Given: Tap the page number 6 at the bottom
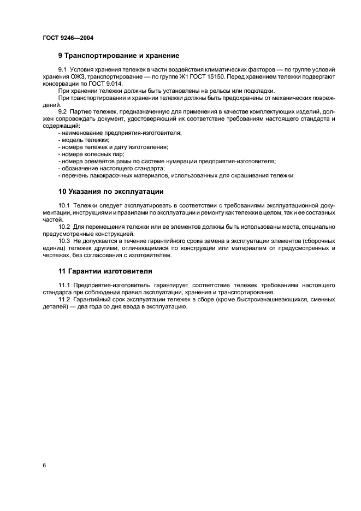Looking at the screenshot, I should [44, 465].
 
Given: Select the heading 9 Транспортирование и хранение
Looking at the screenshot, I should [119, 56].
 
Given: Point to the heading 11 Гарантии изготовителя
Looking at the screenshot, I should [105, 271].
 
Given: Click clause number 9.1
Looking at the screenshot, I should [64, 70].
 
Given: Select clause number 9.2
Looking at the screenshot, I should [64, 112].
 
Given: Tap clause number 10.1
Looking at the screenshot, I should [66, 205].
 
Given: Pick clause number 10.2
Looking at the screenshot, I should [66, 226].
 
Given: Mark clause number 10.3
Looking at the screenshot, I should [66, 240].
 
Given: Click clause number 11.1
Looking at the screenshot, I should [66, 285].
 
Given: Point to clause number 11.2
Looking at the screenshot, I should [66, 299].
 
